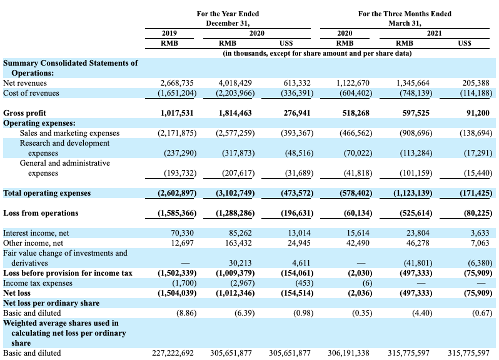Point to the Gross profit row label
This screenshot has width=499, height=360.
pos(24,113)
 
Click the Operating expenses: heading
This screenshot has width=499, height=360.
pos(39,123)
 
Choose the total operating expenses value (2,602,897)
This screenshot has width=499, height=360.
pos(174,193)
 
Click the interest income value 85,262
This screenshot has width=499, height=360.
pos(238,232)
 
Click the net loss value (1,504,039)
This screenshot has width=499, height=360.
pos(174,292)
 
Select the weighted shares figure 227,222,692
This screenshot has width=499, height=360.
pos(173,353)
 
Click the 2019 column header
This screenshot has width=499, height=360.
pos(169,32)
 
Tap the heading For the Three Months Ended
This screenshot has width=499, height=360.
pos(405,14)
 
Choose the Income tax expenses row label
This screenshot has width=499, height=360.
pos(38,282)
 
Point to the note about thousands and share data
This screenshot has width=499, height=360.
pos(317,53)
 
